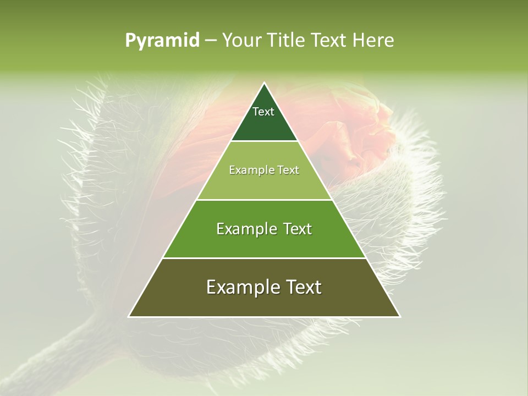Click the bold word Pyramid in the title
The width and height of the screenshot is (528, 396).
(162, 41)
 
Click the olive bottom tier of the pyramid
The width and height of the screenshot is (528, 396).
(264, 300)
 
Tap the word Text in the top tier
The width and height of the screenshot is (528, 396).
(263, 112)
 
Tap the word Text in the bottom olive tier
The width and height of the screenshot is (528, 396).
(303, 287)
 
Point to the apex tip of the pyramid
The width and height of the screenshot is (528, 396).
(265, 84)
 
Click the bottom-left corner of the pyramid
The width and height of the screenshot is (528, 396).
(130, 316)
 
